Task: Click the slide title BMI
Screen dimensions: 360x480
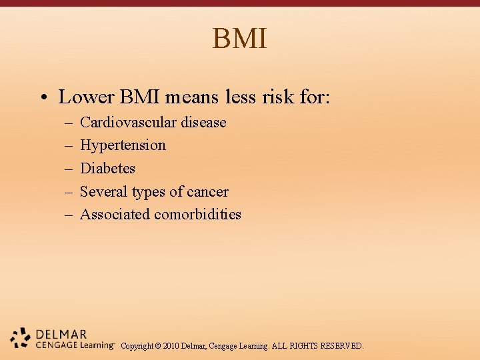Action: point(240,39)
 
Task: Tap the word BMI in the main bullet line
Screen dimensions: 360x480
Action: point(140,97)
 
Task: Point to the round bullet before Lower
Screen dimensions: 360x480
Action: point(42,98)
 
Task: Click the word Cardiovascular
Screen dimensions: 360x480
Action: point(128,123)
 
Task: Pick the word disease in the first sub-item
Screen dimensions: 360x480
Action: point(203,123)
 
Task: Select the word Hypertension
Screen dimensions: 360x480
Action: point(123,145)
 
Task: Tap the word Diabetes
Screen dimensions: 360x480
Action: point(107,169)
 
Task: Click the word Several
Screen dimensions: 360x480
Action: point(103,192)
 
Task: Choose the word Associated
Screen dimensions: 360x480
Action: point(115,215)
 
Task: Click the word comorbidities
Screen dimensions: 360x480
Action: point(198,215)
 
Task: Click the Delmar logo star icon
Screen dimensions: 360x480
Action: point(21,338)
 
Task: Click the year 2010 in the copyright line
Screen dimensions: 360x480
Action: point(169,346)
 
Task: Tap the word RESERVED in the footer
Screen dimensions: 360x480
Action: point(342,346)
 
